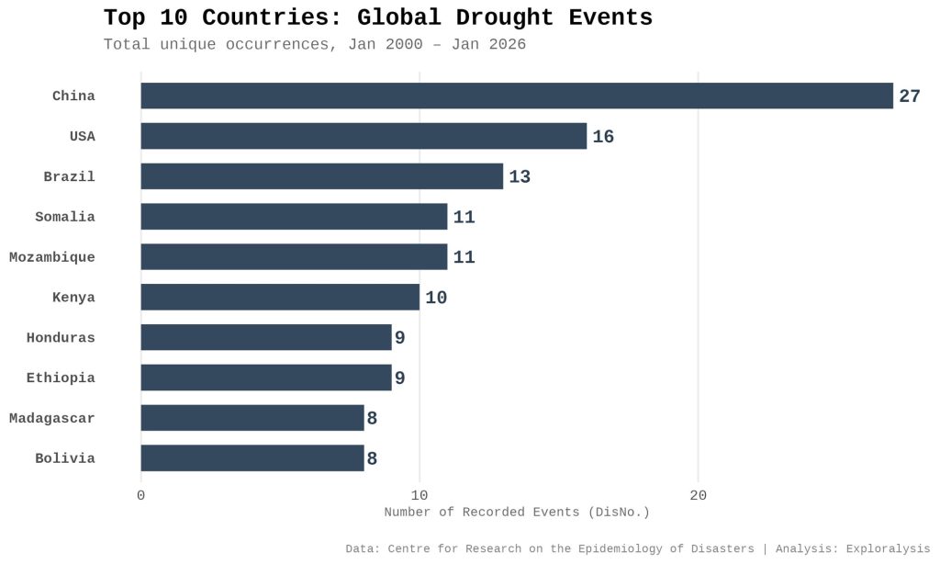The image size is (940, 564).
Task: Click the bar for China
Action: tap(516, 96)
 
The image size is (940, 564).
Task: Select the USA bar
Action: tap(364, 136)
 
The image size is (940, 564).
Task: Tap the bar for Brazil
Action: tap(321, 176)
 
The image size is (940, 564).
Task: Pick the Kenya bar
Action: tap(280, 297)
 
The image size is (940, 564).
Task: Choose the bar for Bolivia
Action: tap(252, 458)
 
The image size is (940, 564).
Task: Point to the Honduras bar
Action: tap(266, 337)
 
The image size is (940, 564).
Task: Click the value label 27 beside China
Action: tap(909, 96)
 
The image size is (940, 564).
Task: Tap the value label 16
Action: tap(603, 137)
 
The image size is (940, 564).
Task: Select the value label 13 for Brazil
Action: tap(520, 177)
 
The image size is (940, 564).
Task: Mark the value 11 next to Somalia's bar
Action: tap(464, 218)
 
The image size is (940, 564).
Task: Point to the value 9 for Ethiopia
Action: tap(399, 378)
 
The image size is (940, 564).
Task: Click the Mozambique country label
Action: tap(52, 257)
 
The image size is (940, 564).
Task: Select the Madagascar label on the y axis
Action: tap(52, 418)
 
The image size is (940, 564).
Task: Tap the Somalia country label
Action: tap(65, 217)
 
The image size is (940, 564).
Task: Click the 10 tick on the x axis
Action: tap(420, 495)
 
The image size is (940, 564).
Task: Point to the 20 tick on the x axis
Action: tap(698, 495)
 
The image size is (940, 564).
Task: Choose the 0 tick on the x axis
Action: tap(140, 495)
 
